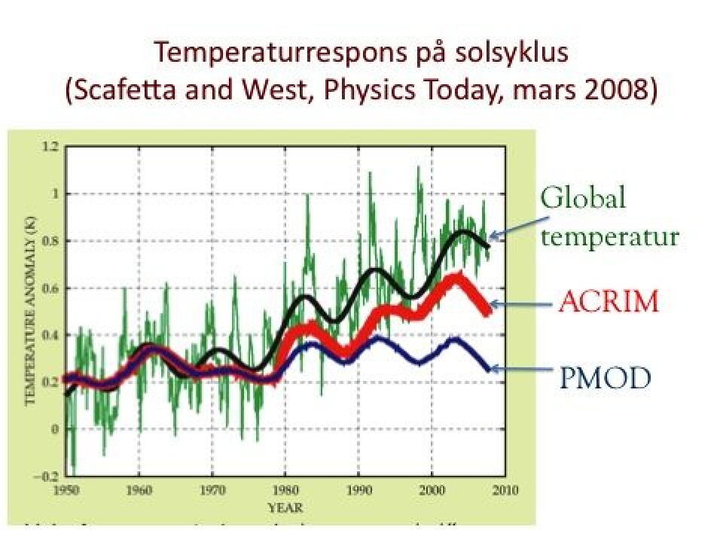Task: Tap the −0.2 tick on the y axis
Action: [x=48, y=477]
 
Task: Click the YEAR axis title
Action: [x=285, y=506]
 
